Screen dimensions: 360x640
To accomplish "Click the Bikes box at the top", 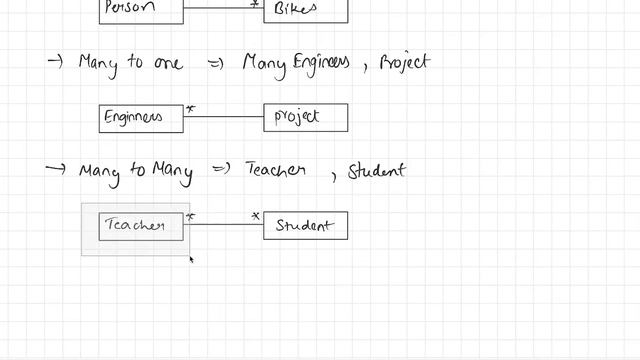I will tap(305, 10).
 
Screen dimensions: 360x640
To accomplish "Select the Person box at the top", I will tap(141, 10).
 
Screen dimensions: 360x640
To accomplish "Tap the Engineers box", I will tap(141, 118).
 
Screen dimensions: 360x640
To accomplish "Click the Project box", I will tap(305, 118).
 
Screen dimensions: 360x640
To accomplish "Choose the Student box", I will tap(305, 226).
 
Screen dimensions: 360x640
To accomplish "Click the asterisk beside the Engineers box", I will tap(191, 108).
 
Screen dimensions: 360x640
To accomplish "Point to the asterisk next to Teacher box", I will tap(191, 216).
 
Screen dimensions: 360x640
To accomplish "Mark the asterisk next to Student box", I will tap(256, 216).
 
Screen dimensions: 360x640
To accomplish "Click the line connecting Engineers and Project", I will tap(224, 117).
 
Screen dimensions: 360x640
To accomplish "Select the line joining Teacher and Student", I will tap(224, 225).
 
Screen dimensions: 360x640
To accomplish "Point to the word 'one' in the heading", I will tap(167, 63).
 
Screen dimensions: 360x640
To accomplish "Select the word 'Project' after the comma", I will tap(404, 63).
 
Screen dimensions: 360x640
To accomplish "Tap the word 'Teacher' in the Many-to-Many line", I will tap(275, 171).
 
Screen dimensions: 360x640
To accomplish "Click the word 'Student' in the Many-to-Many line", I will tap(377, 171).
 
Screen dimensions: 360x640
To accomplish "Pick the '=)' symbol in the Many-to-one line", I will tap(214, 63).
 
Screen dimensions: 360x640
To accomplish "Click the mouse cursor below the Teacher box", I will tap(191, 260).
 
